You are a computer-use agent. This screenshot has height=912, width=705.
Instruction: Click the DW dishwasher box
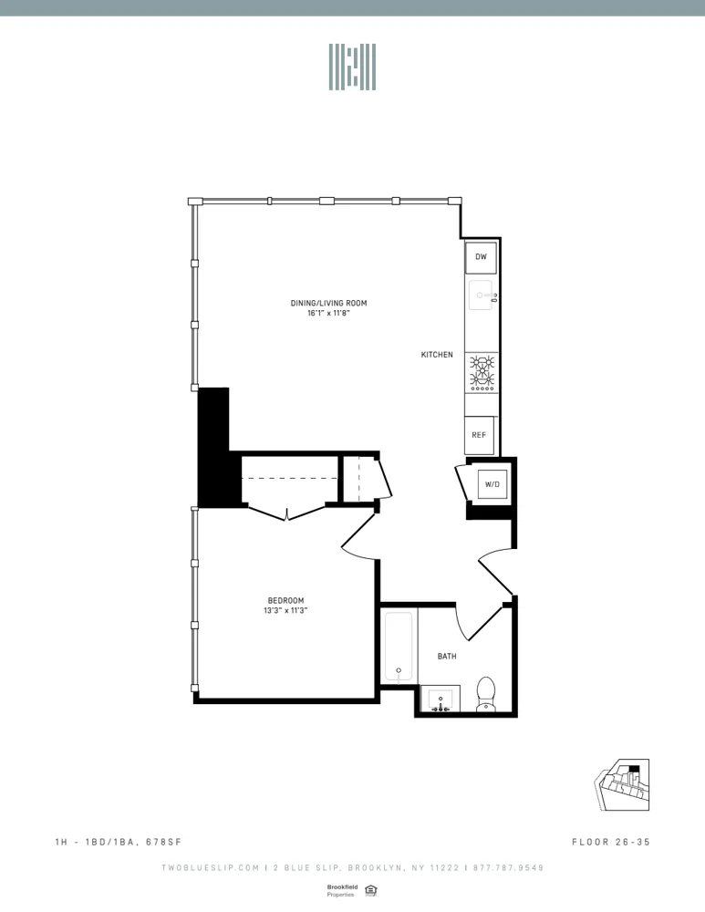[x=481, y=257]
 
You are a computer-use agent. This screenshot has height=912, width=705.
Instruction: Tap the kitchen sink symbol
[x=481, y=295]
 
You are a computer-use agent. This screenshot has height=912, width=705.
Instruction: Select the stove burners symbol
[x=482, y=372]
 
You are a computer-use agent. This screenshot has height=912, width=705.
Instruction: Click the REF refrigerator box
[x=479, y=435]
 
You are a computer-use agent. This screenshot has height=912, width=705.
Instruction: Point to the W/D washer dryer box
[x=492, y=483]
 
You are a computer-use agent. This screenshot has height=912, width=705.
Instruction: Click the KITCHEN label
[x=437, y=355]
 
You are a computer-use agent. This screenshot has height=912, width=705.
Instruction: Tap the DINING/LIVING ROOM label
[x=328, y=304]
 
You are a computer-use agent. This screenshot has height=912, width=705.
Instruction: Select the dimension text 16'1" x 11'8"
[x=328, y=314]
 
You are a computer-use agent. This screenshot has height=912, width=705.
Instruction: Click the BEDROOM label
[x=285, y=600]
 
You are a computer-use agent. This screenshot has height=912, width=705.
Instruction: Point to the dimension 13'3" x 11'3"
[x=285, y=611]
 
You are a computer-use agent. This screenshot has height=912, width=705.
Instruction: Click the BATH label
[x=447, y=656]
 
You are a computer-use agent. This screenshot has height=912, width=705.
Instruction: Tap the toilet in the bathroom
[x=485, y=693]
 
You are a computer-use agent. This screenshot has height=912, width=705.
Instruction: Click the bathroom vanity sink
[x=441, y=700]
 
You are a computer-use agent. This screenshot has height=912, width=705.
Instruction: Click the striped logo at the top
[x=352, y=67]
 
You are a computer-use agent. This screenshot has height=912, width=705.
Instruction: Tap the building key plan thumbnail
[x=625, y=785]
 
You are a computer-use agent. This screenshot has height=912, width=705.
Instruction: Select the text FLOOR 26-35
[x=610, y=842]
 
